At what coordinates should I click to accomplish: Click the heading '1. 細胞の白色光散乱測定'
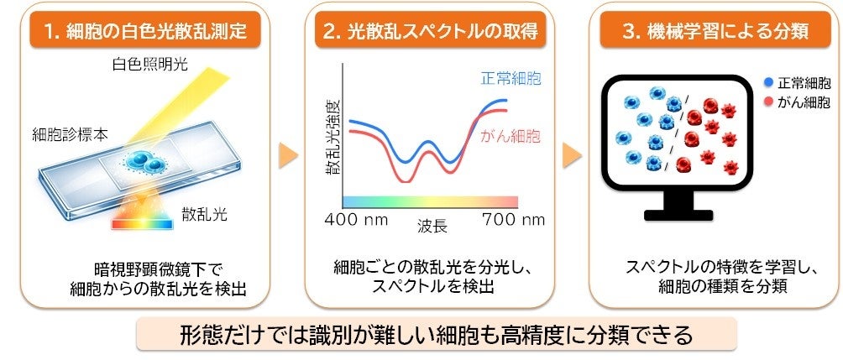click(x=146, y=31)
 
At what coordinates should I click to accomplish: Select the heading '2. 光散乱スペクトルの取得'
click(x=430, y=31)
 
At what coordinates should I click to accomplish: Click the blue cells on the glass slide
click(x=145, y=160)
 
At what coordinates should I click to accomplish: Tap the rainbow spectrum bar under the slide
click(x=142, y=223)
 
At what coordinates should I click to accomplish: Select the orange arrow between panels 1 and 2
click(x=288, y=156)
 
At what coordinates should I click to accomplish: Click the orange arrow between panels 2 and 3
click(x=572, y=156)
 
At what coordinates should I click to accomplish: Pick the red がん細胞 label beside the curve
click(x=510, y=137)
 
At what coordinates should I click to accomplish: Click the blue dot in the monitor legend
click(x=769, y=83)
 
